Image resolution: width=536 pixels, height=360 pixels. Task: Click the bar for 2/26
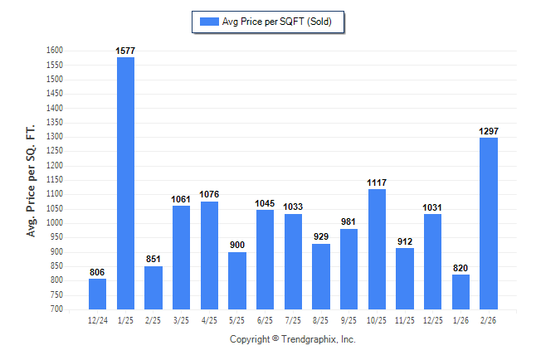489,223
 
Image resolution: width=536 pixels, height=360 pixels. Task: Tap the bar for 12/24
97,294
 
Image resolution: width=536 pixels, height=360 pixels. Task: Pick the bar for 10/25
377,249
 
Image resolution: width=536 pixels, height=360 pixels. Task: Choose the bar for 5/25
237,280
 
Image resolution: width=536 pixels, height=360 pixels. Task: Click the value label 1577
125,51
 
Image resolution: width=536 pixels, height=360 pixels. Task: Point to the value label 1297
489,131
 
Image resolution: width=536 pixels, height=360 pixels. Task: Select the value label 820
460,268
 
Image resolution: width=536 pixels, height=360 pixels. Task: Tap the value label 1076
209,195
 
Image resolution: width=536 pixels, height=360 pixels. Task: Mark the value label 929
321,237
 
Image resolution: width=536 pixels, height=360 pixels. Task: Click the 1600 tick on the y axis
55,51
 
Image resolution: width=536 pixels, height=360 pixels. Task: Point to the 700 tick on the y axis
57,309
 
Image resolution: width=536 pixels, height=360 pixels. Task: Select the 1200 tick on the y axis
55,166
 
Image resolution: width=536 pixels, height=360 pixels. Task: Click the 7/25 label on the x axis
293,319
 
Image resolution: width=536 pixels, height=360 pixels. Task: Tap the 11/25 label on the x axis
405,319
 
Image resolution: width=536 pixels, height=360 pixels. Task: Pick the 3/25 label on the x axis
181,319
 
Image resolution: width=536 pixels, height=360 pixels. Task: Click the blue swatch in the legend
209,22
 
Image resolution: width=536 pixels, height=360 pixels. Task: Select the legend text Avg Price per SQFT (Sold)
277,22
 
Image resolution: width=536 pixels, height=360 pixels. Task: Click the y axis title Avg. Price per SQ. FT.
32,180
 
